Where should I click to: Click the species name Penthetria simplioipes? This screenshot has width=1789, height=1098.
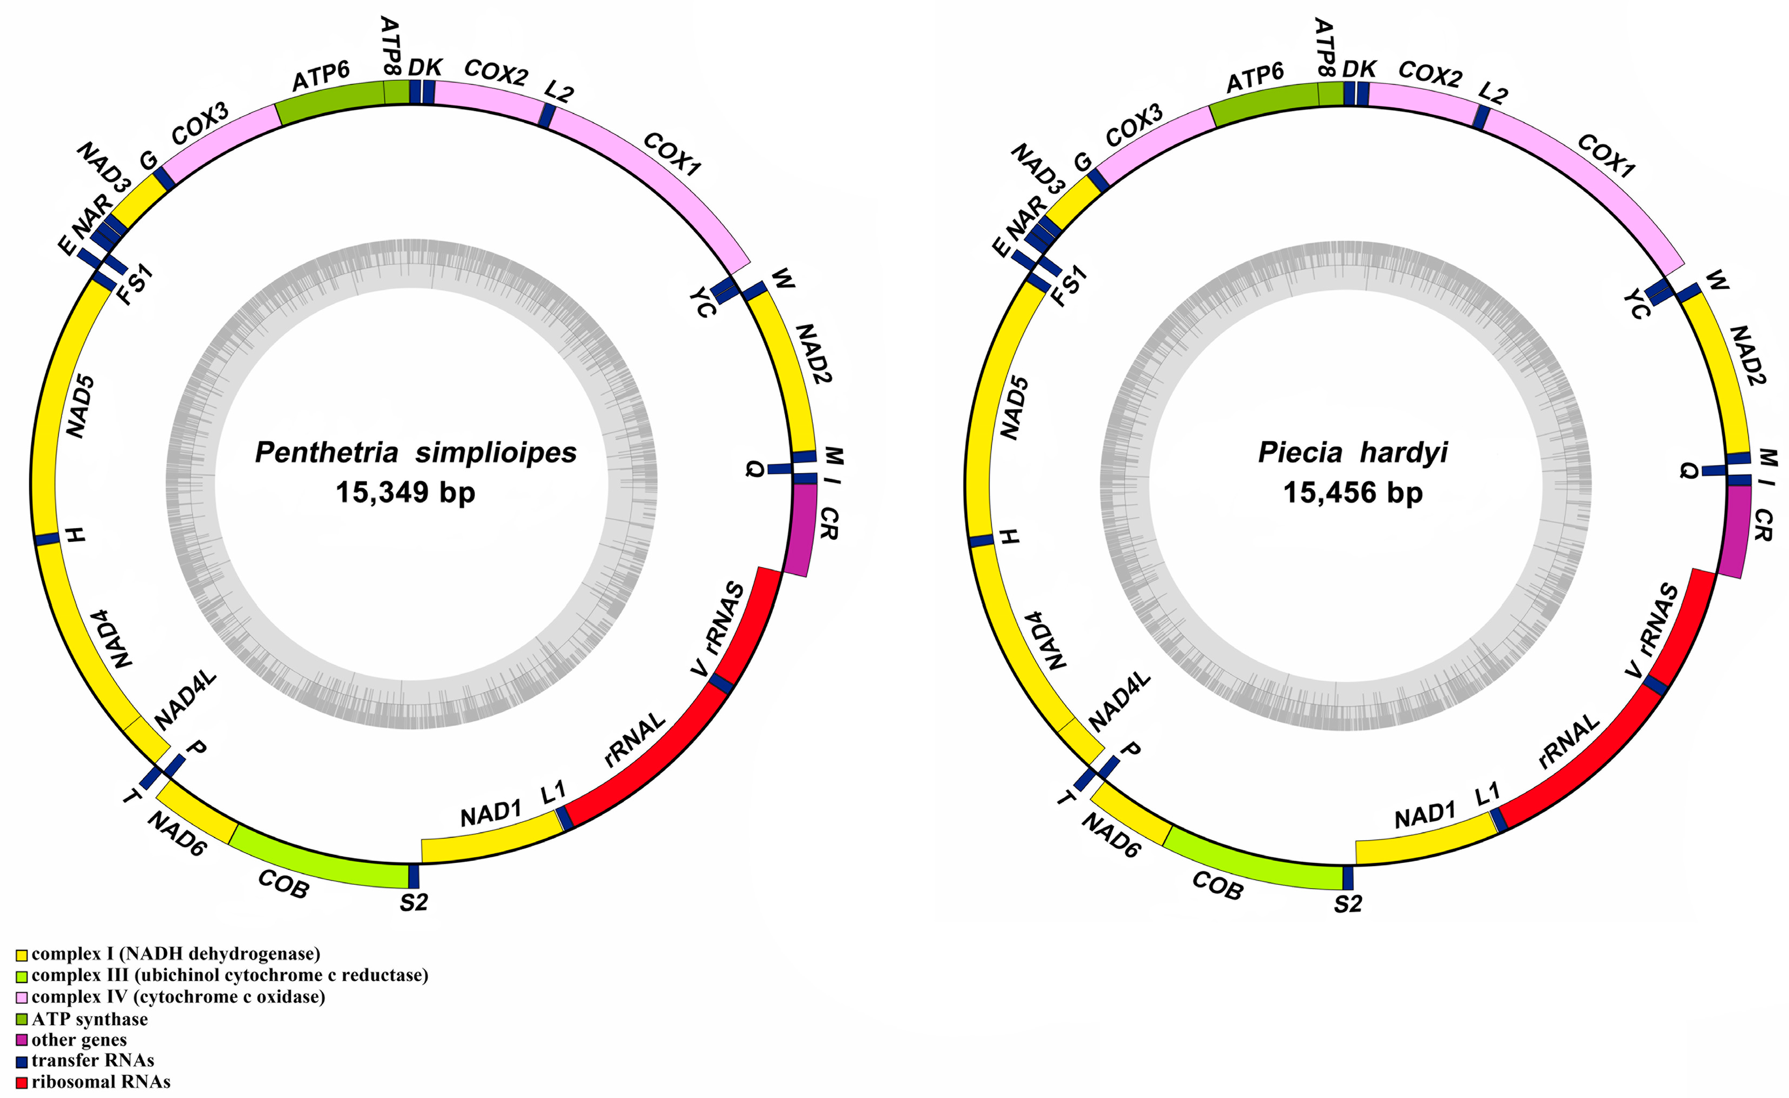pyautogui.click(x=415, y=453)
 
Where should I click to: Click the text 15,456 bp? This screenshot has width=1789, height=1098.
pyautogui.click(x=1352, y=493)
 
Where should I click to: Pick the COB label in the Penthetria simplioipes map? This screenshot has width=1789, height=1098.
pyautogui.click(x=283, y=883)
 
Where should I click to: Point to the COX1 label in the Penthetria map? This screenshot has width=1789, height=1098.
pyautogui.click(x=672, y=154)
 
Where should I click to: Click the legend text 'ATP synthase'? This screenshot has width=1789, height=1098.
pyautogui.click(x=89, y=1019)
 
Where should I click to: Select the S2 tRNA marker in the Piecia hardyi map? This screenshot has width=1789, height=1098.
pyautogui.click(x=1348, y=878)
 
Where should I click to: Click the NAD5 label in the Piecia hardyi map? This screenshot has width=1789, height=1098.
pyautogui.click(x=1014, y=407)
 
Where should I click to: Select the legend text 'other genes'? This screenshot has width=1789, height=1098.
pyautogui.click(x=79, y=1040)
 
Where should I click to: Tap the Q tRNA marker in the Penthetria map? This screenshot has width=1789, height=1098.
pyautogui.click(x=779, y=469)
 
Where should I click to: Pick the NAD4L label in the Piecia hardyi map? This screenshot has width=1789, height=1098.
pyautogui.click(x=1120, y=700)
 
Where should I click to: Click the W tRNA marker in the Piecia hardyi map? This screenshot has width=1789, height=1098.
pyautogui.click(x=1688, y=291)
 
